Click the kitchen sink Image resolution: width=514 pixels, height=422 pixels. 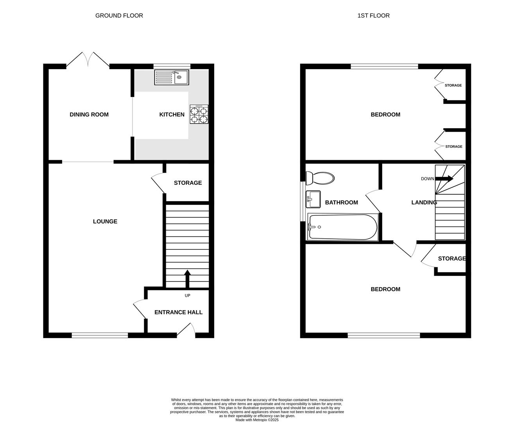[171, 77]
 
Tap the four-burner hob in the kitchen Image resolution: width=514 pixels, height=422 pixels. [199, 114]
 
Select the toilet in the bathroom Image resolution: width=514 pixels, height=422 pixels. [320, 179]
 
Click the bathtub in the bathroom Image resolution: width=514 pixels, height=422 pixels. [342, 227]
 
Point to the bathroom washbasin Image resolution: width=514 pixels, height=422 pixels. [313, 199]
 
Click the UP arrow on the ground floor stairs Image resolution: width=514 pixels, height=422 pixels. [187, 278]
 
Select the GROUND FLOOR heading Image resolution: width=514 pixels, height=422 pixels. [119, 16]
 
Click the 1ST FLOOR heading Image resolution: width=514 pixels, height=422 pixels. [373, 16]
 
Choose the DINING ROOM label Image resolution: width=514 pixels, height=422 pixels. [89, 114]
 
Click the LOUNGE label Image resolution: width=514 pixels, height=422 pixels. [105, 222]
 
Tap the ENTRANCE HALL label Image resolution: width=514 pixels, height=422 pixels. [178, 312]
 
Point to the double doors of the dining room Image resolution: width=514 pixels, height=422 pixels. [88, 60]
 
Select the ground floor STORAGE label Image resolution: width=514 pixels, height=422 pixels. [188, 183]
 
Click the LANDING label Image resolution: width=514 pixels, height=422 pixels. [424, 202]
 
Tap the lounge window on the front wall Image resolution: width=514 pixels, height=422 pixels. [100, 335]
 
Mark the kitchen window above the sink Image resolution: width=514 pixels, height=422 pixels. [172, 66]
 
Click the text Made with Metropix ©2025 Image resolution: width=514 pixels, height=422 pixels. [257, 420]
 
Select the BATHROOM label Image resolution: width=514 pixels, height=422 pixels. [341, 202]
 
